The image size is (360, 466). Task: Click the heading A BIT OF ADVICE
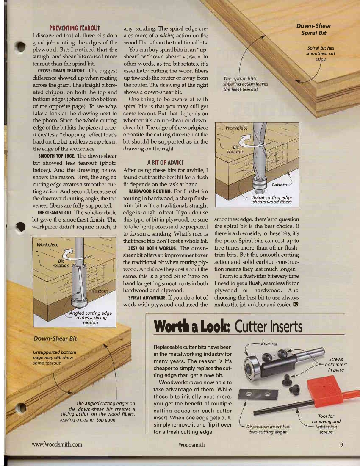165,163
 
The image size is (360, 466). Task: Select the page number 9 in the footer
341,444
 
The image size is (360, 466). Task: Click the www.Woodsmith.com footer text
57,444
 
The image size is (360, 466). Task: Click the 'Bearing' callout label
269,344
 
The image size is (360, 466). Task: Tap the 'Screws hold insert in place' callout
336,364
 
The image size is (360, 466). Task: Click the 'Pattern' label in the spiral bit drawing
280,185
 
